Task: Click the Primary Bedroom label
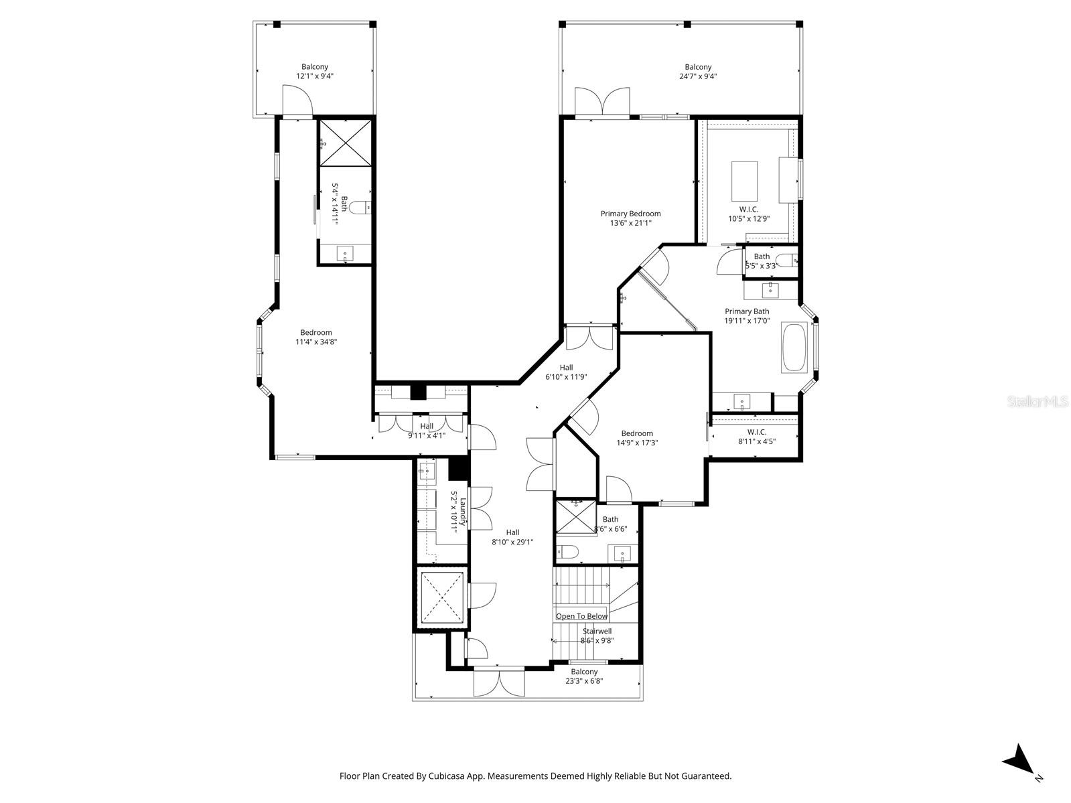point(630,214)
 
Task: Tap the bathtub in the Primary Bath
point(796,348)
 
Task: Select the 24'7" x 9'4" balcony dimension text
point(698,76)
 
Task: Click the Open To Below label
point(581,616)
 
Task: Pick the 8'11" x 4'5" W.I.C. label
point(756,437)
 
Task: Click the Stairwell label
point(596,631)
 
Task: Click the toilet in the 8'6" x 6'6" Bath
point(569,553)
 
